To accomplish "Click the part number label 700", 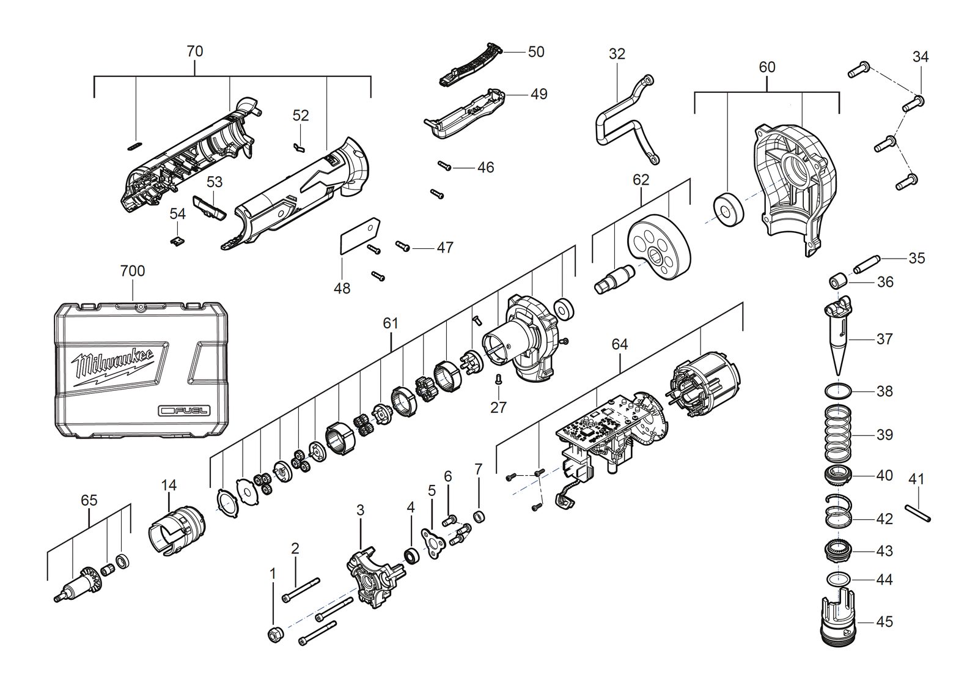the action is pos(133,272).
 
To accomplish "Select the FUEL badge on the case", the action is pos(184,411).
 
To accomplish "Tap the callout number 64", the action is pos(620,345).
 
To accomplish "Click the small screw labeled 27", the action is pos(498,379).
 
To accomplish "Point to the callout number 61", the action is pos(391,323).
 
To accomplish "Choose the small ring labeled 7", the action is pos(479,517).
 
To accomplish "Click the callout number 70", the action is pos(195,51).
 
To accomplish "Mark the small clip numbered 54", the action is pos(177,241).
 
